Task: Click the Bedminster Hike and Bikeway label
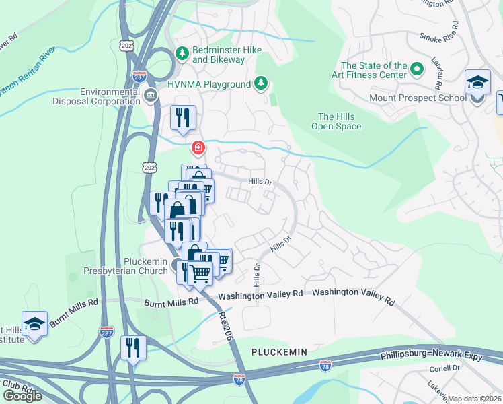(218, 55)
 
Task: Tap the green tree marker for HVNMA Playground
(261, 83)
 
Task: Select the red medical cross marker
(198, 147)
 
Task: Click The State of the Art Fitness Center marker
(416, 69)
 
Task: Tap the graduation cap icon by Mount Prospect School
(477, 83)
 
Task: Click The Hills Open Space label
(340, 121)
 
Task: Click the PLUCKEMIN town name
(279, 352)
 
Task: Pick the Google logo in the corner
(22, 395)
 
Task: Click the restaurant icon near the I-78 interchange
(133, 347)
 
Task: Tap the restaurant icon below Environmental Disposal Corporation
(183, 118)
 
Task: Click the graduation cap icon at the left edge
(34, 324)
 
